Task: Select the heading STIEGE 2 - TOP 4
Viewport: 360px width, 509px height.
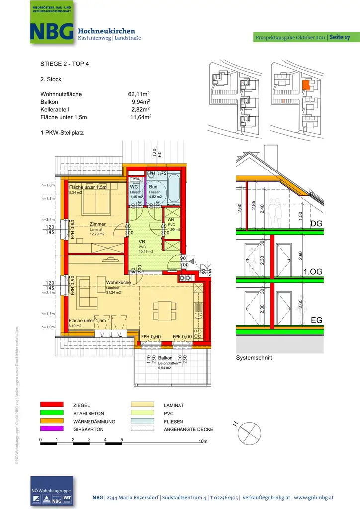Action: point(65,64)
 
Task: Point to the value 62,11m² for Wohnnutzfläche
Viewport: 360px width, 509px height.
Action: point(139,94)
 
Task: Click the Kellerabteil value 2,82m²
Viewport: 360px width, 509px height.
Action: point(141,109)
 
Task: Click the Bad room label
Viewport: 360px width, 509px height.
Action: point(154,187)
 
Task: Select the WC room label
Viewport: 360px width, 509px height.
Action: point(134,187)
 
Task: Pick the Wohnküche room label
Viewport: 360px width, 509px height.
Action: point(118,282)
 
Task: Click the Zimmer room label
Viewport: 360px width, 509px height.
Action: point(98,224)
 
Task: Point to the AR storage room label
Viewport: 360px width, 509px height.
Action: point(171,219)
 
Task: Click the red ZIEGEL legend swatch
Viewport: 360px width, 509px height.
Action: point(52,405)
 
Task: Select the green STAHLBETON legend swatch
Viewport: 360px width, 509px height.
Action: point(52,413)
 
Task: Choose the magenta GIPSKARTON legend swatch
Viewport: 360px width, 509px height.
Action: point(52,429)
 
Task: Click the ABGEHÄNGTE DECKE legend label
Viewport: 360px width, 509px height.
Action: point(188,429)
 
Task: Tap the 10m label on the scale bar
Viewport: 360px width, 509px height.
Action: point(202,441)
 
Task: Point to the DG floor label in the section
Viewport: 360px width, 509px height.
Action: point(316,224)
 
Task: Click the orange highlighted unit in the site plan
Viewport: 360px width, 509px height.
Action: point(306,85)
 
